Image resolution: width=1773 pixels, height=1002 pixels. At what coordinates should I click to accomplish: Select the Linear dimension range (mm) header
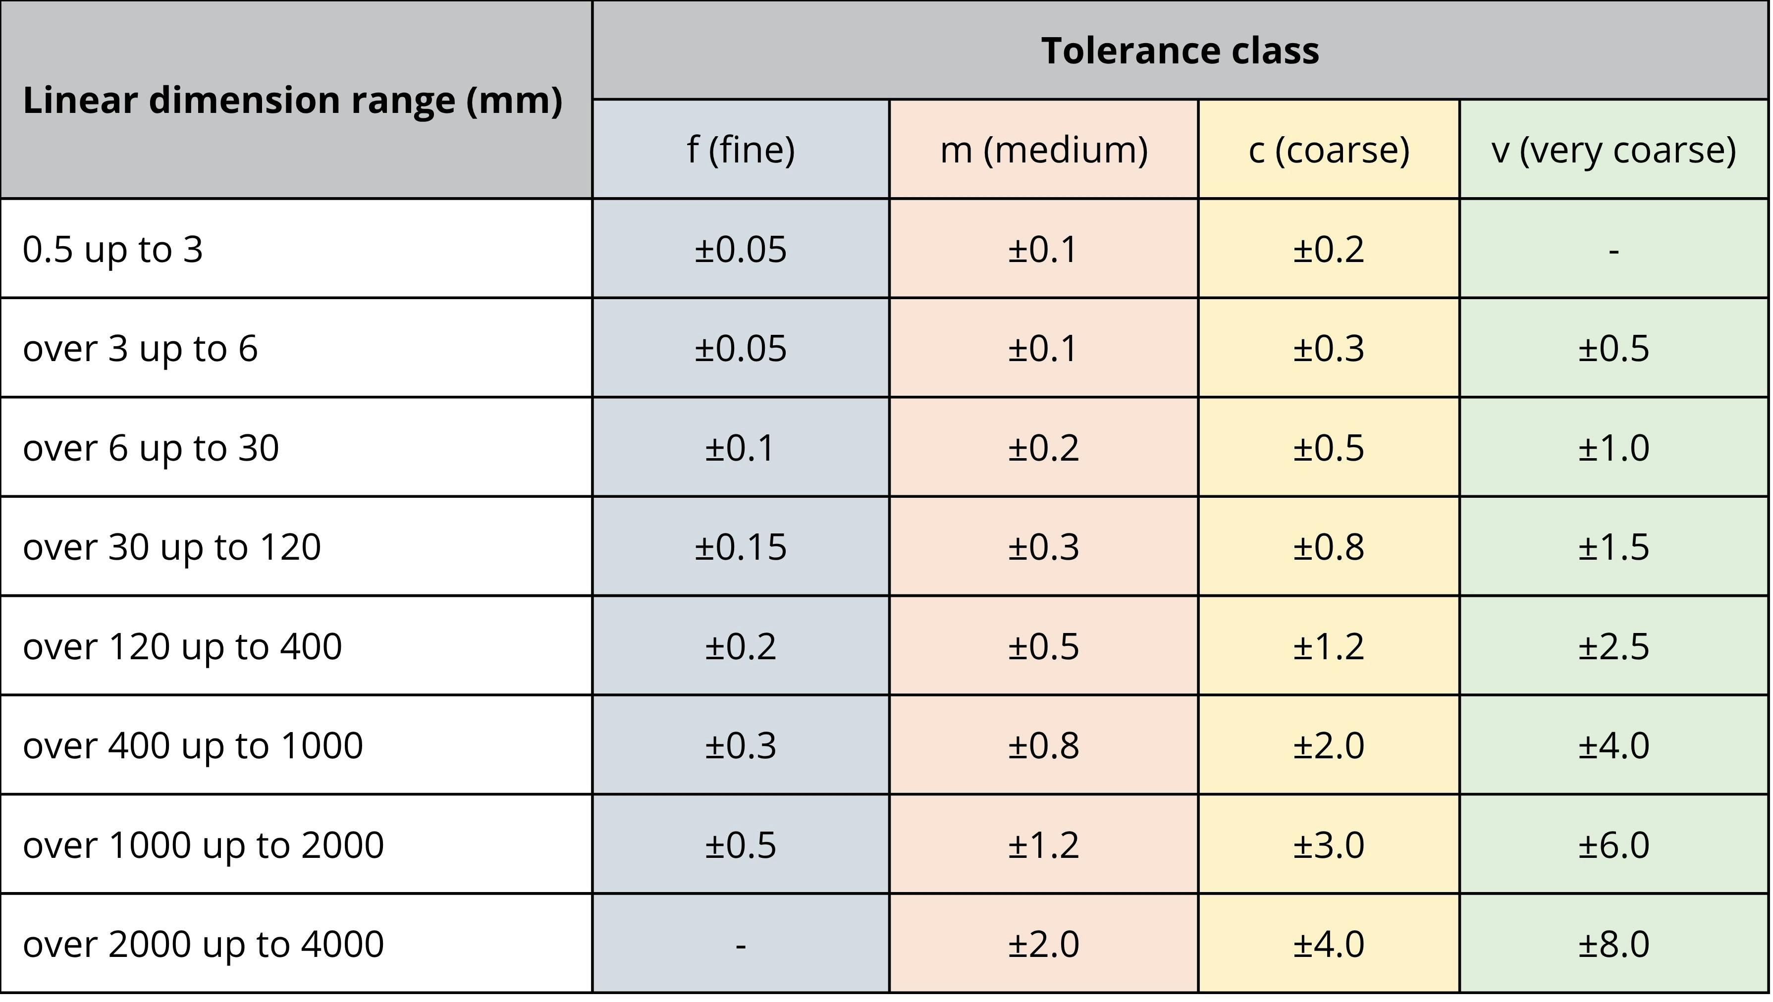[292, 101]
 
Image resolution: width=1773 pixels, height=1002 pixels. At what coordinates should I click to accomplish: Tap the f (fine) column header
[741, 150]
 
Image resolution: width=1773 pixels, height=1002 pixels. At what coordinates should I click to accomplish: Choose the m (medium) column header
[1043, 150]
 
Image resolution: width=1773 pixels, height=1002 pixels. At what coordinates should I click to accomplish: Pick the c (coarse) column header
[1328, 150]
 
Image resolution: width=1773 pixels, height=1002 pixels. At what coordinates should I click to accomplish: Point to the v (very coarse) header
[1613, 150]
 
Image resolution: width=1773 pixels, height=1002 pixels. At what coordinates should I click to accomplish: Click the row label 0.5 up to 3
[113, 249]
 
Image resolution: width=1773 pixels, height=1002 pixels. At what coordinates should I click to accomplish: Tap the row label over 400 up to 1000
[193, 745]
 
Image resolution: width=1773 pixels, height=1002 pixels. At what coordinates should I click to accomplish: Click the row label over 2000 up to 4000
[203, 944]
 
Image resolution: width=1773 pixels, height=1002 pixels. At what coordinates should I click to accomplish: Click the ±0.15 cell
[741, 547]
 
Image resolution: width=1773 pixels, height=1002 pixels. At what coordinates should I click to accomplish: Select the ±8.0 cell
[1613, 944]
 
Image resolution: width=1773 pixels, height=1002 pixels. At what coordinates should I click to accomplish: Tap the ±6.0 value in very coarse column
[1613, 845]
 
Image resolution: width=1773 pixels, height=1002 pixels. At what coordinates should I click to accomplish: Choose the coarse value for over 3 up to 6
[1328, 349]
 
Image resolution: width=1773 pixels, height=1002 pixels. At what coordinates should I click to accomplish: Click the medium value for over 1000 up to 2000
[1043, 845]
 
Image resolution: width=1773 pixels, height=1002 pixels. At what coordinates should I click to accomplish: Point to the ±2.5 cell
[1613, 647]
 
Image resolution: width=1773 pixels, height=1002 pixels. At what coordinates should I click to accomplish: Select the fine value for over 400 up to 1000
[741, 746]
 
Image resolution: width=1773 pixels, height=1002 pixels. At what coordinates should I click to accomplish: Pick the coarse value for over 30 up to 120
[1328, 547]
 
